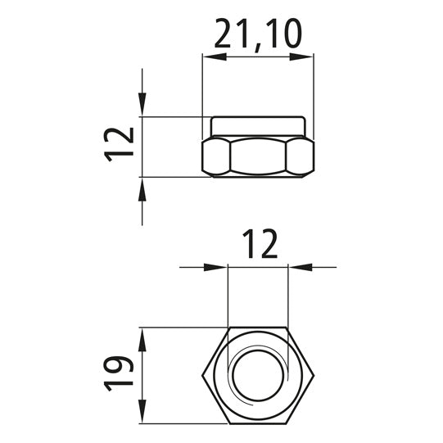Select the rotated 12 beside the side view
click(x=120, y=145)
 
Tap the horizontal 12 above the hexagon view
click(x=259, y=244)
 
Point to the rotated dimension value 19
click(x=120, y=373)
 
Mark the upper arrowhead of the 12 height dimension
click(x=142, y=105)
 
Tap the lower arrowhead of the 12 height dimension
click(x=142, y=188)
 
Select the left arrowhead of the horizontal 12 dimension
click(x=217, y=267)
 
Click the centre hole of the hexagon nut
click(x=258, y=376)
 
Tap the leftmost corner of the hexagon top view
click(x=202, y=376)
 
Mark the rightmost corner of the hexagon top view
click(x=314, y=376)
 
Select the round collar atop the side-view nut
click(x=258, y=126)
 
